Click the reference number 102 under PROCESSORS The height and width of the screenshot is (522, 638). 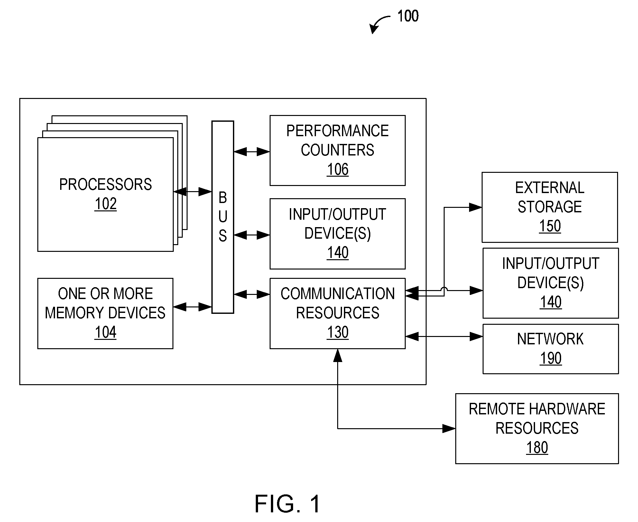click(106, 204)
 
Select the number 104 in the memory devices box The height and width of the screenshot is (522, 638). click(106, 332)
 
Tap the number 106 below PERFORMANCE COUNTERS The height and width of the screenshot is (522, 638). click(337, 169)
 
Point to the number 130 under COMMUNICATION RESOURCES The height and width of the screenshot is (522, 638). click(337, 332)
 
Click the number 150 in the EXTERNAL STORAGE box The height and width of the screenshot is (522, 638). click(550, 226)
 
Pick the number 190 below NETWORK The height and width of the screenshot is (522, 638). click(551, 358)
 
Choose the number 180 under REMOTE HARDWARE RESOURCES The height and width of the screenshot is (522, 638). click(537, 447)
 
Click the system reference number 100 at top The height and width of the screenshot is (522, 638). click(408, 16)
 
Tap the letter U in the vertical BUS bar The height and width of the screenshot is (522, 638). click(223, 217)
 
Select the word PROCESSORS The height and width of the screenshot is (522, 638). click(106, 184)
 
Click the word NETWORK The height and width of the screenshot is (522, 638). click(550, 339)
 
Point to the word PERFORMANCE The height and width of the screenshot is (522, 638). click(337, 131)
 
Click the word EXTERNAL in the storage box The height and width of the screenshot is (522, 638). click(550, 188)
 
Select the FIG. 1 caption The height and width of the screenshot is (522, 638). click(288, 504)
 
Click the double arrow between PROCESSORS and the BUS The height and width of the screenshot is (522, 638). click(192, 192)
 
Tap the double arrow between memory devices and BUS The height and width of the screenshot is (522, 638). click(192, 307)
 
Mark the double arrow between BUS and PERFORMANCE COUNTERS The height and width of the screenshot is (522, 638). click(252, 152)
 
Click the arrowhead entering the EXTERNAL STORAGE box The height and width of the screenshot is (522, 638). click(476, 207)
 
